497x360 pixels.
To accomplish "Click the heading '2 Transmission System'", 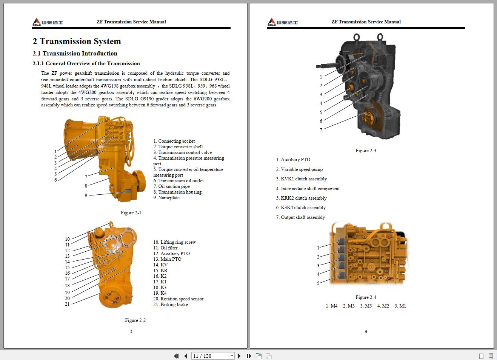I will pyautogui.click(x=77, y=42).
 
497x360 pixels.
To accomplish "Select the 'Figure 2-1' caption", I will pyautogui.click(x=131, y=213).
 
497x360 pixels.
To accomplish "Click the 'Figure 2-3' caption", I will pyautogui.click(x=366, y=151).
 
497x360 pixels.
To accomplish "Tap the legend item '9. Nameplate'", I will pyautogui.click(x=166, y=198).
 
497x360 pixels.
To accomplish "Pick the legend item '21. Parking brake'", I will pyautogui.click(x=170, y=305).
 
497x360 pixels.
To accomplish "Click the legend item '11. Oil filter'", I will pyautogui.click(x=165, y=248).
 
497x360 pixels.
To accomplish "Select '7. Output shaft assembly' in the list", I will pyautogui.click(x=300, y=217).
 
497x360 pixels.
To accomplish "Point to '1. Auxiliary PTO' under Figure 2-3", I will pyautogui.click(x=293, y=160).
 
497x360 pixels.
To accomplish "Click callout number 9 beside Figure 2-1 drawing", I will pyautogui.click(x=86, y=195).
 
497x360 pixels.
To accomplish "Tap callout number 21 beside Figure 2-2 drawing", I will pyautogui.click(x=67, y=304).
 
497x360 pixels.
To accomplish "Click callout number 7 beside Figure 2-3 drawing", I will pyautogui.click(x=321, y=130).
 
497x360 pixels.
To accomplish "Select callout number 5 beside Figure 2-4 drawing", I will pyautogui.click(x=318, y=283).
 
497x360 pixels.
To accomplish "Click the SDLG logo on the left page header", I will pyautogui.click(x=48, y=22).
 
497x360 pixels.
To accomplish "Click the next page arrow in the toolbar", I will pyautogui.click(x=239, y=356).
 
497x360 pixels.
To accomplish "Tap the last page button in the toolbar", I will pyautogui.click(x=249, y=356).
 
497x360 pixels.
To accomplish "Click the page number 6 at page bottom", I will pyautogui.click(x=366, y=332).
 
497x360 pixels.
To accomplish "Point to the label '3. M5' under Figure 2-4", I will pyautogui.click(x=366, y=306).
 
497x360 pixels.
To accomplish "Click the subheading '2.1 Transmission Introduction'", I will pyautogui.click(x=75, y=54).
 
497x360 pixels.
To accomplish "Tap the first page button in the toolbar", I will pyautogui.click(x=176, y=356).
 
